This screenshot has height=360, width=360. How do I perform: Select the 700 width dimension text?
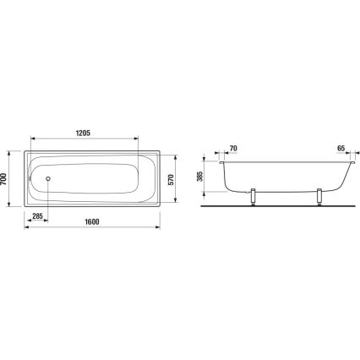6,179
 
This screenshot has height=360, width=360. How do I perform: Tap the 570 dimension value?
172,179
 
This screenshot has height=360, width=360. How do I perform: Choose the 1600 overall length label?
91,222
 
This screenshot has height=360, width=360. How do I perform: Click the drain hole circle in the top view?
47,179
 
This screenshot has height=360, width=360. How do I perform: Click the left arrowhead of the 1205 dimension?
33,139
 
